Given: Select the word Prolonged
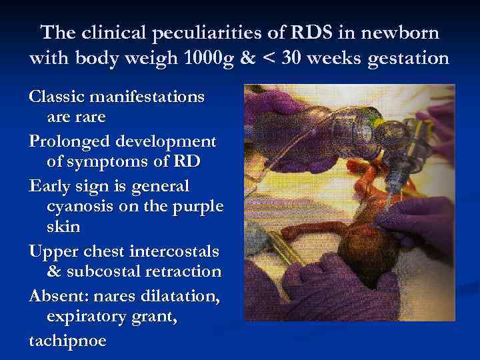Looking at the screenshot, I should (x=70, y=141).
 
